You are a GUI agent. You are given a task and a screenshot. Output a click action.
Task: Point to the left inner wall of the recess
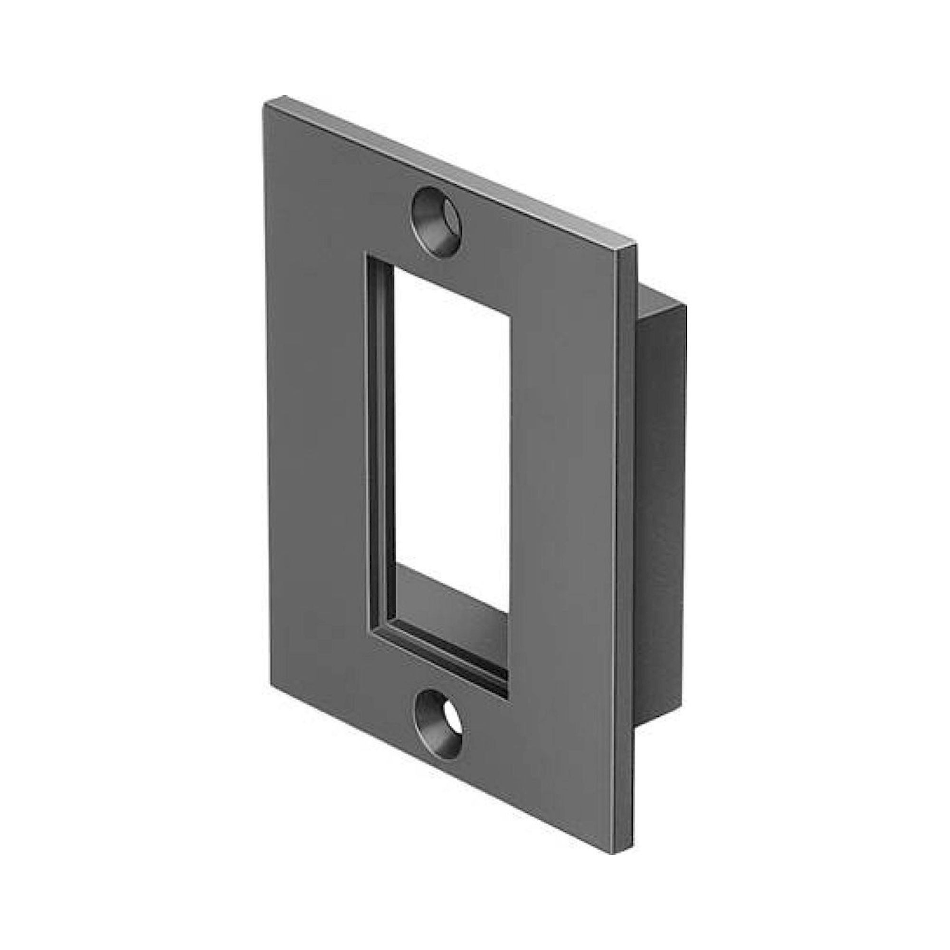click(x=381, y=443)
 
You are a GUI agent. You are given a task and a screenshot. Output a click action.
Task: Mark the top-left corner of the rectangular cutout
click(x=365, y=253)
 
